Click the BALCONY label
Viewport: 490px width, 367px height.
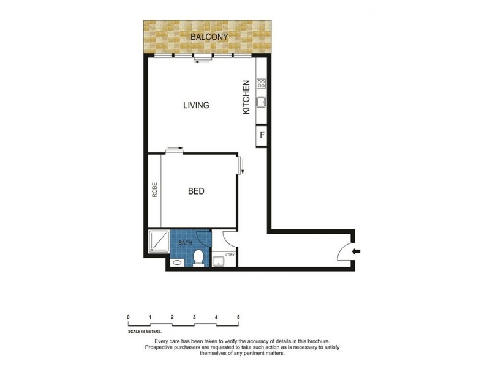209,37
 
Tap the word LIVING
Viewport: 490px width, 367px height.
196,105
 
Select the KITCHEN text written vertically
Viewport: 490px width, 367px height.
246,97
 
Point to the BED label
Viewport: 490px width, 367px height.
196,191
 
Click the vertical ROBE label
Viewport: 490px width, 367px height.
155,190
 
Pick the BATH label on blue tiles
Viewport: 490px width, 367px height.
185,243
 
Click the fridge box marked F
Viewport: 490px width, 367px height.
262,136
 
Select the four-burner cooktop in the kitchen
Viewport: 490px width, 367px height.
261,84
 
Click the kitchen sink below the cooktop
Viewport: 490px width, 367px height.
261,102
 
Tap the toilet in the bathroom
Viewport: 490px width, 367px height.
198,259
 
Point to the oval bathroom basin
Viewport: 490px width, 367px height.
177,263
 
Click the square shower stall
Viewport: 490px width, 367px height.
158,242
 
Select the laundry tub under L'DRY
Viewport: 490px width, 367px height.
219,262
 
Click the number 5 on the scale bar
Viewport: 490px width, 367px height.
238,317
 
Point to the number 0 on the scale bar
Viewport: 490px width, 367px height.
128,317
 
